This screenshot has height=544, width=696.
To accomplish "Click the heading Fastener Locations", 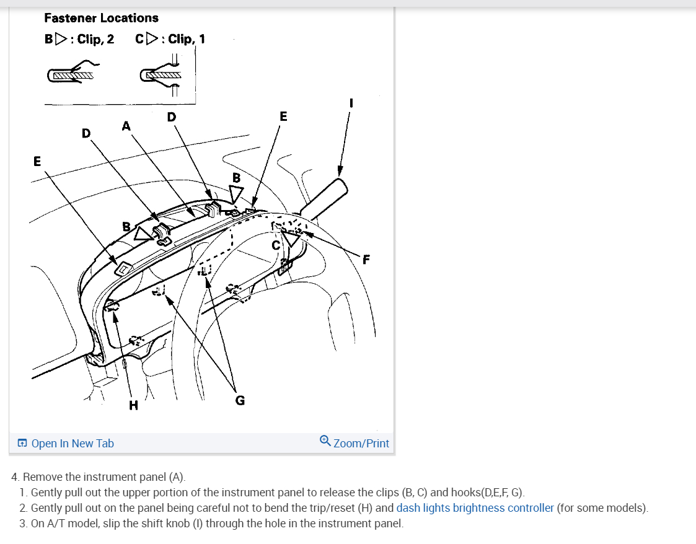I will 101,18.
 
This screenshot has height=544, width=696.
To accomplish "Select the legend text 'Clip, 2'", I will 95,39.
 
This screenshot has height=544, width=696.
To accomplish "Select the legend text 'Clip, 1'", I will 187,39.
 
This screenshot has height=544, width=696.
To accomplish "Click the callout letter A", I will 126,126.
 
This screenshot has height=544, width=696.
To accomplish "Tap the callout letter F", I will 366,260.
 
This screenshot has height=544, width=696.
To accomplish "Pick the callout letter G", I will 240,400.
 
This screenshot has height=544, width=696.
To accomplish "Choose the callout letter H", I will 133,406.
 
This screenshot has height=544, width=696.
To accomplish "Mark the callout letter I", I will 351,103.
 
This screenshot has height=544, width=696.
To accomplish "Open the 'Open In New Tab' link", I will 73,443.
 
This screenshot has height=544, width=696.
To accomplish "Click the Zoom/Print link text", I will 361,443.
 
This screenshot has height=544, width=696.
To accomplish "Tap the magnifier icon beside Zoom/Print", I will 325,441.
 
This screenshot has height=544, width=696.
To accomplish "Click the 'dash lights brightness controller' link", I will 475,508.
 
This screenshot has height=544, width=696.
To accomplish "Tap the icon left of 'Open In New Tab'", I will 22,443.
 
